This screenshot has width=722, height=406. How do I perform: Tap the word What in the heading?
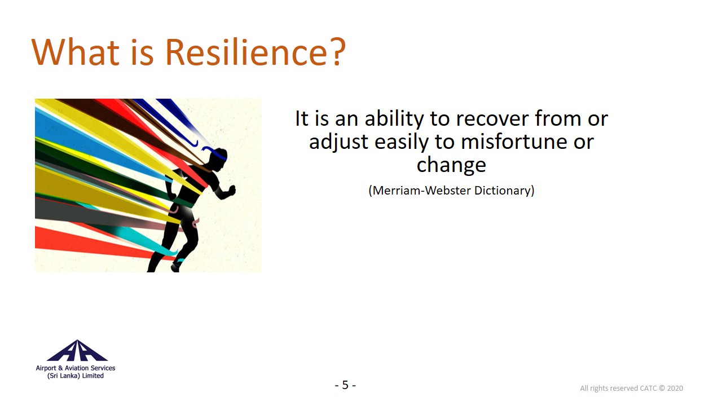(x=76, y=52)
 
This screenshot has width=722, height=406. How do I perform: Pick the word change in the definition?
(x=451, y=165)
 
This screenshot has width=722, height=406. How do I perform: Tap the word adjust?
(x=338, y=142)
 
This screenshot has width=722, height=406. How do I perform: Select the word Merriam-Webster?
(x=421, y=191)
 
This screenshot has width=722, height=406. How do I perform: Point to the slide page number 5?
(x=345, y=385)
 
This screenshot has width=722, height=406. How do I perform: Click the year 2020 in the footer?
(x=675, y=389)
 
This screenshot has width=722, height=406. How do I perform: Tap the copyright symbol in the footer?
(x=662, y=389)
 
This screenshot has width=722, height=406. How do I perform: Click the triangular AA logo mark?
(x=77, y=350)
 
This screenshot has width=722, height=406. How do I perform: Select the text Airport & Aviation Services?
(x=76, y=368)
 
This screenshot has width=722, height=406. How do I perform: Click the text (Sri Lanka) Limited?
(x=76, y=376)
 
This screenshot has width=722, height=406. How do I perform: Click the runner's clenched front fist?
(x=231, y=190)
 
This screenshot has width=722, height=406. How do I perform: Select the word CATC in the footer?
(x=648, y=389)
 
